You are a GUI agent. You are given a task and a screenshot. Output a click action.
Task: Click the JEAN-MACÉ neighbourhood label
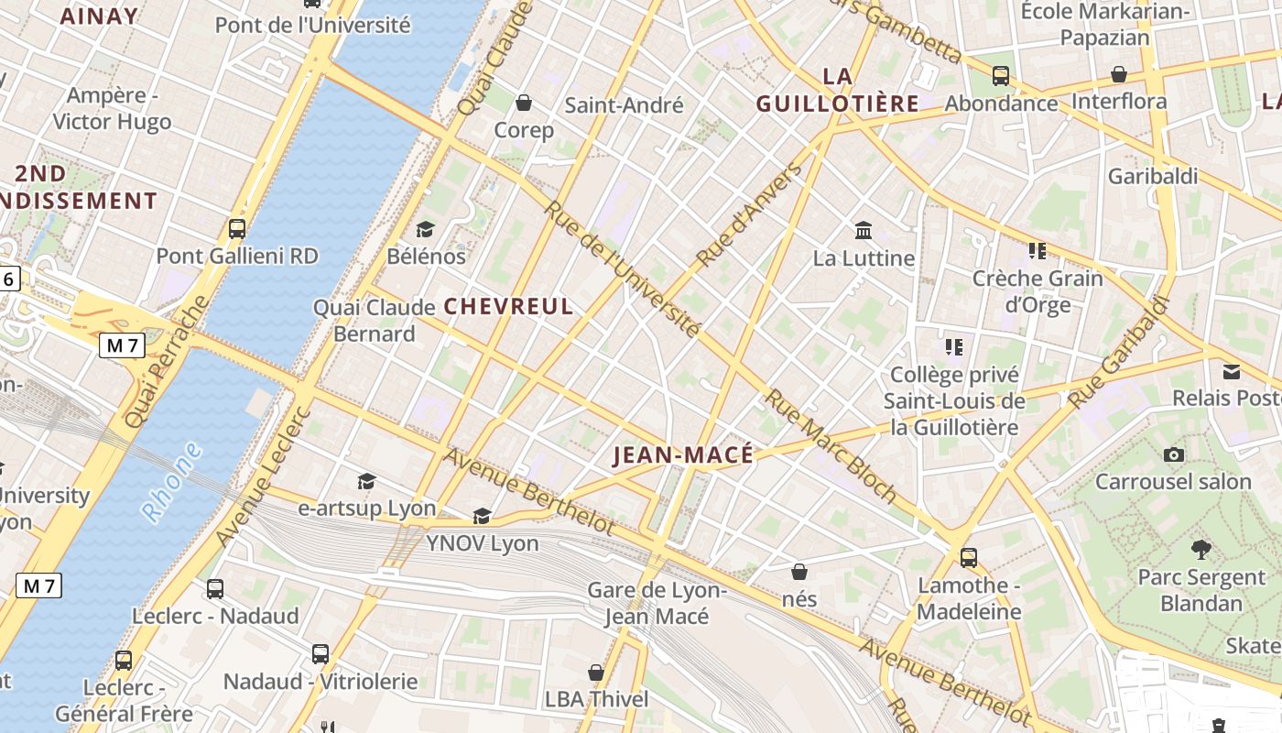click(x=683, y=455)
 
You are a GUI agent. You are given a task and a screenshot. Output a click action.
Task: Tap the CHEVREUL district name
click(x=509, y=307)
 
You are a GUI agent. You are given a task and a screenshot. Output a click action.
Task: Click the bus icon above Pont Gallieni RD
click(x=237, y=229)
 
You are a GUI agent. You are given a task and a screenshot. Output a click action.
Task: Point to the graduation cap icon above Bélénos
click(x=425, y=229)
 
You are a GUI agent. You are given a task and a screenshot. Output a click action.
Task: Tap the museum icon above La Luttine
click(x=863, y=230)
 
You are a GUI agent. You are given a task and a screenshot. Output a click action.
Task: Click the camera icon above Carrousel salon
click(x=1173, y=454)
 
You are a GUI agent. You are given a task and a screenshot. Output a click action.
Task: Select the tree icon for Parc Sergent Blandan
click(x=1201, y=550)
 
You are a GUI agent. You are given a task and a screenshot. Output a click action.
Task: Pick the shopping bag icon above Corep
click(x=524, y=103)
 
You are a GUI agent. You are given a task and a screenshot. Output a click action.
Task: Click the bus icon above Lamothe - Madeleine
click(x=969, y=557)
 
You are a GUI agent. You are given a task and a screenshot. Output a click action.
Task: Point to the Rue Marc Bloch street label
click(x=831, y=446)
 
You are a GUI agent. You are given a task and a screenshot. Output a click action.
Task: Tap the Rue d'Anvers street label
click(x=748, y=216)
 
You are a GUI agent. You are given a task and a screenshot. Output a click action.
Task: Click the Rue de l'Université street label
click(x=623, y=269)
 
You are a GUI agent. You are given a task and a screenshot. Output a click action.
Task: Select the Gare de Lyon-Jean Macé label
click(x=657, y=603)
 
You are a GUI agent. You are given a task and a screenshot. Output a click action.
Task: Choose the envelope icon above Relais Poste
click(x=1232, y=371)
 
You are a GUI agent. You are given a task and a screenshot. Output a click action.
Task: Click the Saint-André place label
click(x=624, y=105)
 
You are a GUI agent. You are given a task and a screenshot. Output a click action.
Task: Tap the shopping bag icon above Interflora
click(x=1118, y=74)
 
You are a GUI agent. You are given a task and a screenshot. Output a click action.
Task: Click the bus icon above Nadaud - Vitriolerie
click(x=320, y=654)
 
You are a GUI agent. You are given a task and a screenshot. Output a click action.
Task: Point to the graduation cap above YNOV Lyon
click(x=482, y=517)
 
